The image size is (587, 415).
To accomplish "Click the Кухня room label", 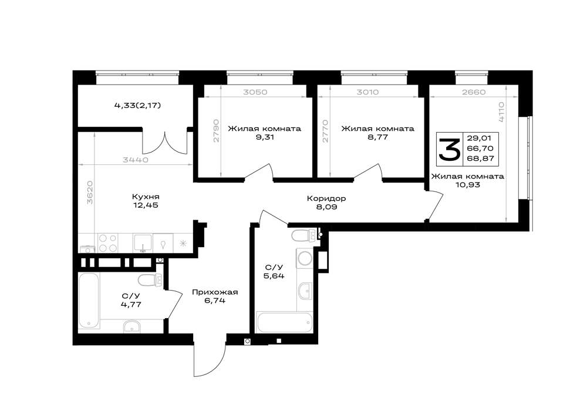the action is (146, 197).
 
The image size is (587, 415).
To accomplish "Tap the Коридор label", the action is (326, 198).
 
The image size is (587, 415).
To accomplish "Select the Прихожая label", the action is (215, 292).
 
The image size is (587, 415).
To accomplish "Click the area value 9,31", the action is (265, 137).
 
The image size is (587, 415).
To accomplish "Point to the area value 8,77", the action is (377, 137).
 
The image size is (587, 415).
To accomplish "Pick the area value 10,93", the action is (467, 185).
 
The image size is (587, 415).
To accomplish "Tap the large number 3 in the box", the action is (449, 149).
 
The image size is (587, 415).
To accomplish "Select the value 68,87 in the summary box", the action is (480, 158).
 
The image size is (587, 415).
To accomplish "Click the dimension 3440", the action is (136, 160).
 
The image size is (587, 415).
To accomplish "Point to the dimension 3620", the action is (89, 193).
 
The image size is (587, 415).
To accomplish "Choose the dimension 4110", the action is (501, 112).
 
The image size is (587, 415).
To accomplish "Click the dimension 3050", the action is (255, 92).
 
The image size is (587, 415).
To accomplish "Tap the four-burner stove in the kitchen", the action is (108, 243).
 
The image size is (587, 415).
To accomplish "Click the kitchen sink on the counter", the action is (143, 243).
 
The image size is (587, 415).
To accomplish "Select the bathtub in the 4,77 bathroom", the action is (89, 301).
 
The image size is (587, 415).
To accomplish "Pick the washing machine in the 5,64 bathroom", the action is (304, 258).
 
